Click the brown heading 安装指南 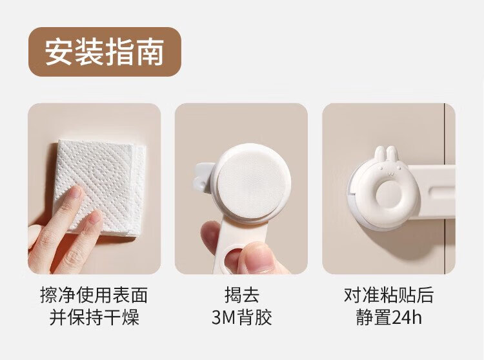(x=105, y=52)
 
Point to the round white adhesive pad (x=252, y=183)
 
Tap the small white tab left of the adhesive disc (x=202, y=178)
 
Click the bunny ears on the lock (x=386, y=154)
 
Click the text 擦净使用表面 (x=94, y=295)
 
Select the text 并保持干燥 (x=94, y=317)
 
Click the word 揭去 (x=242, y=295)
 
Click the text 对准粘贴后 (x=389, y=295)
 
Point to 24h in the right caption (x=407, y=317)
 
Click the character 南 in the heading (x=150, y=52)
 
